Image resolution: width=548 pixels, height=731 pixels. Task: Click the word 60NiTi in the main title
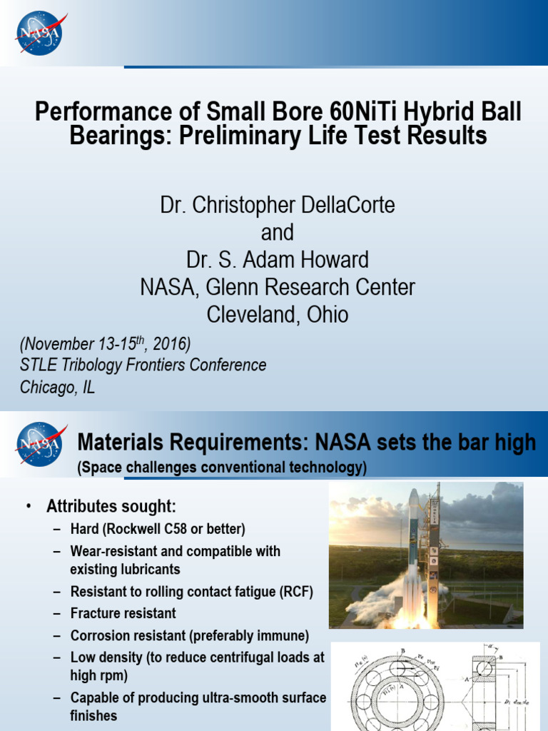pyautogui.click(x=363, y=111)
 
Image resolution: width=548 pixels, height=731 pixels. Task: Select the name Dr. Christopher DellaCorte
pyautogui.click(x=277, y=206)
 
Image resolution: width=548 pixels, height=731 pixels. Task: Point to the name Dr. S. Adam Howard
pyautogui.click(x=277, y=260)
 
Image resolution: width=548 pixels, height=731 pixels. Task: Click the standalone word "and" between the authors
pyautogui.click(x=277, y=233)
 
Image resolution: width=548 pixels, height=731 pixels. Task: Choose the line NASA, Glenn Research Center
pyautogui.click(x=277, y=288)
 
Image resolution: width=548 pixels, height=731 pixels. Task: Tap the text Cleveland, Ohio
pyautogui.click(x=277, y=315)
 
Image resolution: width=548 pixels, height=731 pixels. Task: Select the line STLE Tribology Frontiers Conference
pyautogui.click(x=143, y=365)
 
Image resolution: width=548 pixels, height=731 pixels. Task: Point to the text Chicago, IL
pyautogui.click(x=57, y=387)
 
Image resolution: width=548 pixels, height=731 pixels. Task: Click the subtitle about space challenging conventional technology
pyautogui.click(x=222, y=468)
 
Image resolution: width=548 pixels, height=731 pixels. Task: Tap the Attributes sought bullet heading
pyautogui.click(x=111, y=507)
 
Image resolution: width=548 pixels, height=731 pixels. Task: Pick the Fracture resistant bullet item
pyautogui.click(x=123, y=613)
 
